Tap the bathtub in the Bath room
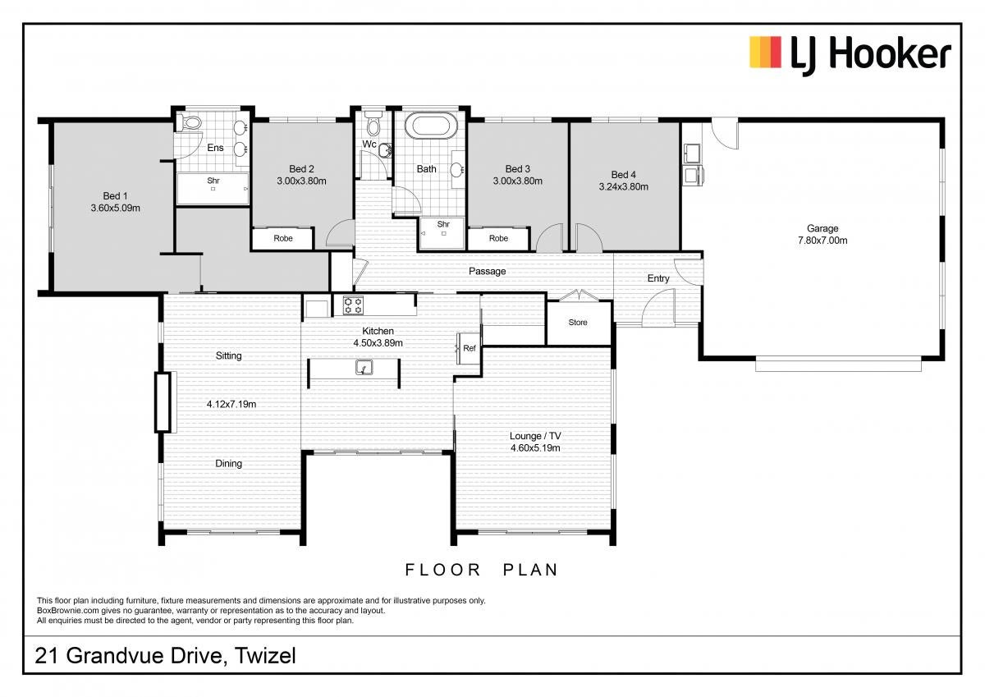[x=431, y=126]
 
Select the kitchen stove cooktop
[x=353, y=305]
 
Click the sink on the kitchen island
[x=364, y=367]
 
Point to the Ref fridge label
[x=470, y=348]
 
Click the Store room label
[x=578, y=323]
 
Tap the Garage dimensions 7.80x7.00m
[x=822, y=241]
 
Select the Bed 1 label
[x=115, y=196]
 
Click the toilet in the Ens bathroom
[x=190, y=122]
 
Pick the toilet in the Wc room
[x=373, y=124]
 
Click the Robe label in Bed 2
[x=282, y=238]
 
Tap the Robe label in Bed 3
[x=498, y=238]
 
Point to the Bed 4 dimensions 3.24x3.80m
[x=624, y=187]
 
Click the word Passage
[x=488, y=271]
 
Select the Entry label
[x=658, y=278]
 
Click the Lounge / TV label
[x=535, y=436]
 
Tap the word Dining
[x=229, y=464]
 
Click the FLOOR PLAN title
[x=482, y=570]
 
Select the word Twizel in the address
[x=265, y=656]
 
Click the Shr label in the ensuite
[x=213, y=181]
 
